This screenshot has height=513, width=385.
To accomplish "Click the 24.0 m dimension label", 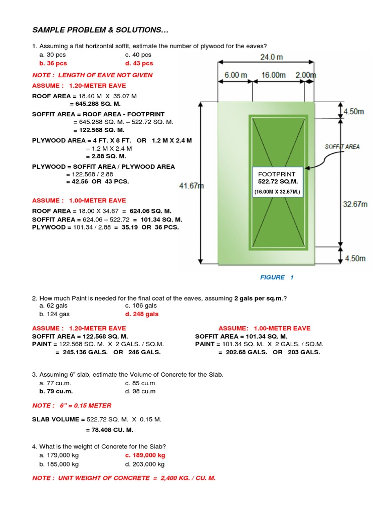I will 271,57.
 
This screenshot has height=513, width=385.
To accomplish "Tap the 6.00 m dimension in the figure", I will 235,75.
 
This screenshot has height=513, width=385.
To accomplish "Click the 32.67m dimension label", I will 355,204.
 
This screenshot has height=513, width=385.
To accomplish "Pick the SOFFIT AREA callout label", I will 342,147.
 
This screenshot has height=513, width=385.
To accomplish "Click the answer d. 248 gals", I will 142,314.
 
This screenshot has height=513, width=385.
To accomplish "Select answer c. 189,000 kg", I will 145,455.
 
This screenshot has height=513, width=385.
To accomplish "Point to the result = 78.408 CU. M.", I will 109,430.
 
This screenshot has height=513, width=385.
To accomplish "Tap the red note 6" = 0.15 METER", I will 72,405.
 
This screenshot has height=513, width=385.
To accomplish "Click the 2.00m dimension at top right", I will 305,75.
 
